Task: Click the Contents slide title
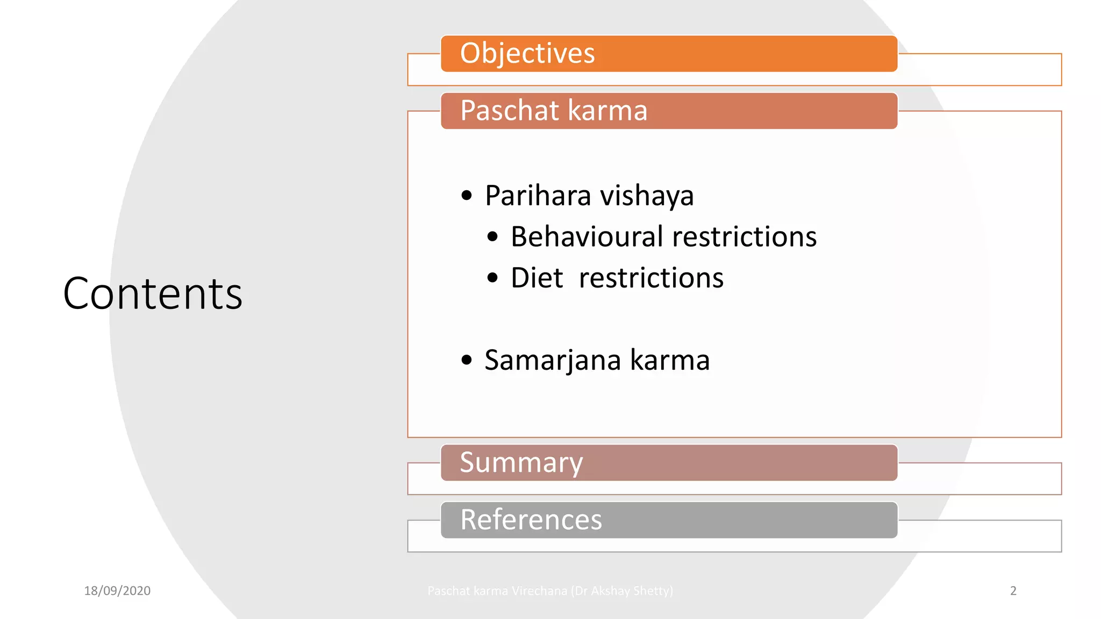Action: point(153,294)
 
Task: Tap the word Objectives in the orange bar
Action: point(527,53)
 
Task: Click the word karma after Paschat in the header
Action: point(607,111)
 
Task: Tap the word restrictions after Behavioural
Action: point(745,236)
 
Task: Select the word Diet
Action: point(537,278)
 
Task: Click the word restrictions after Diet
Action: point(651,278)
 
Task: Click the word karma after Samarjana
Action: point(670,360)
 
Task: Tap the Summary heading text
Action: point(521,463)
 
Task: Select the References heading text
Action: point(531,520)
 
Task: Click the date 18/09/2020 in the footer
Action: point(117,591)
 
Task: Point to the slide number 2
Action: point(1013,591)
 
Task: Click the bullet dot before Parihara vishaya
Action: point(467,196)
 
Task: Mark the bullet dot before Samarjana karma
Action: point(467,360)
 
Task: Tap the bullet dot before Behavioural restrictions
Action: point(492,237)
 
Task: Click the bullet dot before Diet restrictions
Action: point(492,278)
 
